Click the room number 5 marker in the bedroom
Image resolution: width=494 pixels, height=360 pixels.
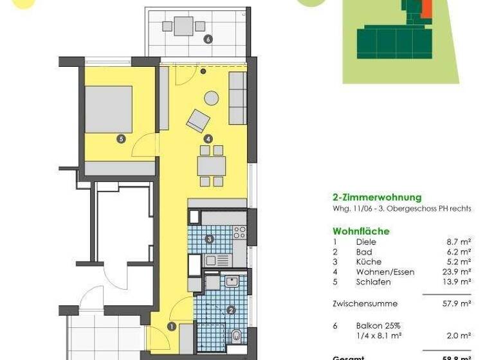coord(121,138)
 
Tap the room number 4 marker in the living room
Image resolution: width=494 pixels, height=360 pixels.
coord(208,138)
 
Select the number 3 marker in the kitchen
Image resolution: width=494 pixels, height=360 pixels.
coord(210,240)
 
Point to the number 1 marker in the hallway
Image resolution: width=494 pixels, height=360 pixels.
coord(172,327)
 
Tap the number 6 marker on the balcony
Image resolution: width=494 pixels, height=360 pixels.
coord(207,39)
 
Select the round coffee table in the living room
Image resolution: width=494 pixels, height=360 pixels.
coord(212,98)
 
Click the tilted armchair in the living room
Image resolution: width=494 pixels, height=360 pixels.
coord(198,120)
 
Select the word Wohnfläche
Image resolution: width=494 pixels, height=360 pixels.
coord(361,231)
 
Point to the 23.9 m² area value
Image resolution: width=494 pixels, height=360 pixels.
coord(457,272)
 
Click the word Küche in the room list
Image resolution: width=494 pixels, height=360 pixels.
coord(369,262)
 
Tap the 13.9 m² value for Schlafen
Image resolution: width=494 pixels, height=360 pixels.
coord(457,282)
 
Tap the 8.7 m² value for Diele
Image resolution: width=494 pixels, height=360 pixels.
coord(459,242)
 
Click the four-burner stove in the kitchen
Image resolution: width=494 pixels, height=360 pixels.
coord(240,231)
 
